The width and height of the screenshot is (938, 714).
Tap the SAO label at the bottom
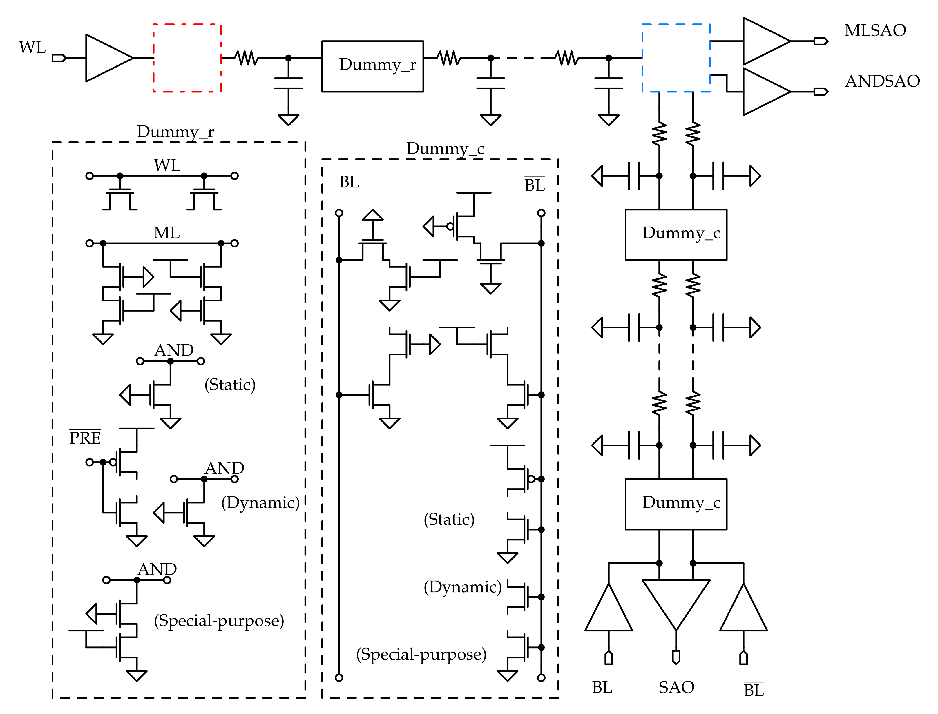point(676,688)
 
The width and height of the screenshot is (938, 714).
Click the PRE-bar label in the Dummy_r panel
point(85,438)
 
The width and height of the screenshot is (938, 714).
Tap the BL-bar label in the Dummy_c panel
point(534,185)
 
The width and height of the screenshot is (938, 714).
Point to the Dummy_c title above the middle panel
point(445,149)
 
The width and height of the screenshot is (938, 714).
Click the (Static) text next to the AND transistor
point(230,385)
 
